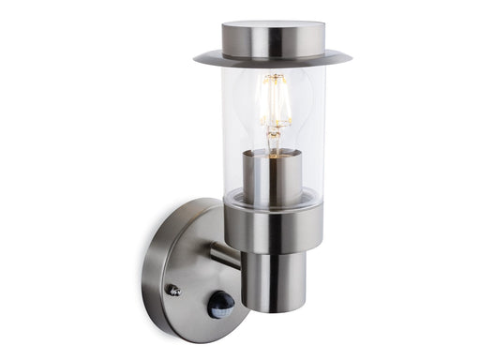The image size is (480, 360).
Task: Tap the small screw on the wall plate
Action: [173, 290]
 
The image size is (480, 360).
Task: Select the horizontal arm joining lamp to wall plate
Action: [224, 254]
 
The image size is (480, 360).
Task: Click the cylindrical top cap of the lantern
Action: [273, 39]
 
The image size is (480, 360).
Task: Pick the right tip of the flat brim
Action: [350, 59]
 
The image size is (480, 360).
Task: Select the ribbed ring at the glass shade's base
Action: [273, 198]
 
